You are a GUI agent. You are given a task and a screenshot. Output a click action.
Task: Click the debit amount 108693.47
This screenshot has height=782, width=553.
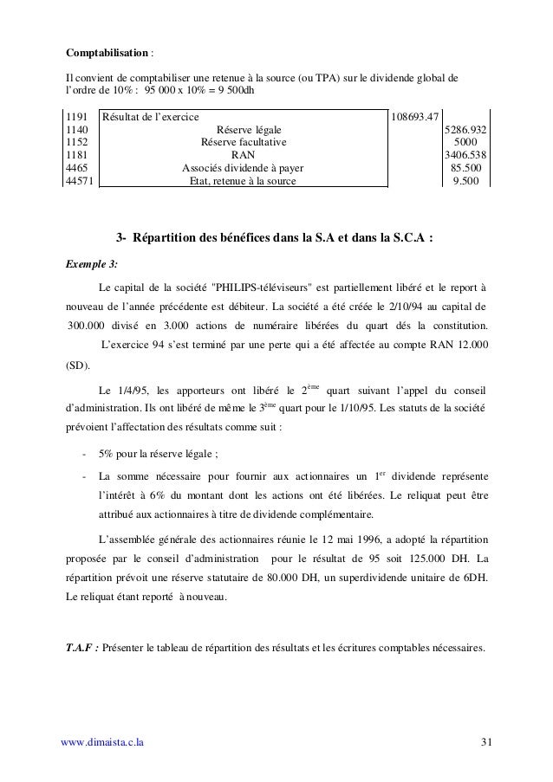pos(416,117)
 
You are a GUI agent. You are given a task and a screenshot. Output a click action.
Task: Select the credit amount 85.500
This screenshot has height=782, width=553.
pos(468,169)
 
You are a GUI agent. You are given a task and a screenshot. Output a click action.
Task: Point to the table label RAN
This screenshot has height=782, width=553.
pos(243,156)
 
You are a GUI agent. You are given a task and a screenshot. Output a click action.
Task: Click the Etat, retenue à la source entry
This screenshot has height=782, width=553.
pos(243,182)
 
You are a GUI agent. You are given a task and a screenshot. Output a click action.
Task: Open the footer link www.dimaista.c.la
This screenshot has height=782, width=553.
pos(102,742)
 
